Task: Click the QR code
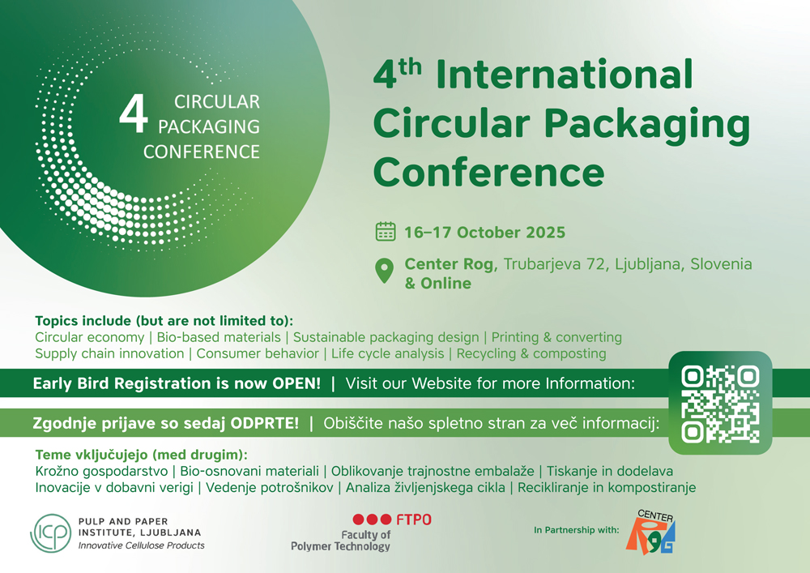pyautogui.click(x=720, y=404)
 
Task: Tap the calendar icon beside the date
pyautogui.click(x=386, y=232)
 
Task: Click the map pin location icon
pyautogui.click(x=384, y=271)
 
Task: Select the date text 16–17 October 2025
pyautogui.click(x=484, y=233)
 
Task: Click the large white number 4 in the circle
pyautogui.click(x=134, y=113)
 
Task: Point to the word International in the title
pyautogui.click(x=564, y=75)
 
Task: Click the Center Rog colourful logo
pyautogui.click(x=651, y=532)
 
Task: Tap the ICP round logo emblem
pyautogui.click(x=50, y=532)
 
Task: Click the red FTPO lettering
pyautogui.click(x=413, y=520)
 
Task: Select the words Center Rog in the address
pyautogui.click(x=449, y=264)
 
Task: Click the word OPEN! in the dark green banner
pyautogui.click(x=296, y=383)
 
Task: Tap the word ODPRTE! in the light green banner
pyautogui.click(x=265, y=423)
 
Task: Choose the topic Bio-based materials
pyautogui.click(x=219, y=337)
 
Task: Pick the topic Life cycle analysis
pyautogui.click(x=387, y=353)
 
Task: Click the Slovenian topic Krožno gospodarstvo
pyautogui.click(x=101, y=471)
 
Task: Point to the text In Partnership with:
pyautogui.click(x=577, y=529)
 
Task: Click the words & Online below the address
pyautogui.click(x=438, y=283)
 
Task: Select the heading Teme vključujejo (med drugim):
pyautogui.click(x=142, y=455)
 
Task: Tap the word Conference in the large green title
pyautogui.click(x=488, y=173)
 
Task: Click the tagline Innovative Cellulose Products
pyautogui.click(x=141, y=545)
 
